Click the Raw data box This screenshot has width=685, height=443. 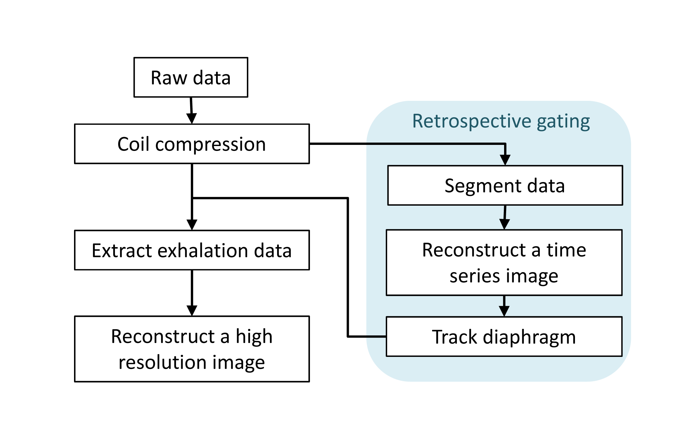tap(191, 77)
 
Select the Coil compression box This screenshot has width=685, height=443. tap(192, 144)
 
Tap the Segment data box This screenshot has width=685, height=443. tap(505, 185)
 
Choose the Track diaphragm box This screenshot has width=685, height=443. tap(504, 336)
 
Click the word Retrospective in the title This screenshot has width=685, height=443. tap(472, 121)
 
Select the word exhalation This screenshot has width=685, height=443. tap(203, 250)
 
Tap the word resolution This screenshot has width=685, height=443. tap(162, 362)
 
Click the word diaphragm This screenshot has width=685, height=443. tap(529, 337)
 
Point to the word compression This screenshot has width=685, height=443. tap(210, 144)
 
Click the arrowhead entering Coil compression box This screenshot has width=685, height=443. tap(192, 118)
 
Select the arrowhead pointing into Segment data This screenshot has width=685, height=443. tap(505, 160)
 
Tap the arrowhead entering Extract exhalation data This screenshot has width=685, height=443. tap(192, 224)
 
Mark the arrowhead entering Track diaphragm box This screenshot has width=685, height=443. tap(504, 311)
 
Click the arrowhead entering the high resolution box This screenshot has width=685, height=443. tap(192, 310)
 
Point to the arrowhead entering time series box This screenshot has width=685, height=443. tap(504, 224)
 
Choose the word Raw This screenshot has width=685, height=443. tap(169, 78)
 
